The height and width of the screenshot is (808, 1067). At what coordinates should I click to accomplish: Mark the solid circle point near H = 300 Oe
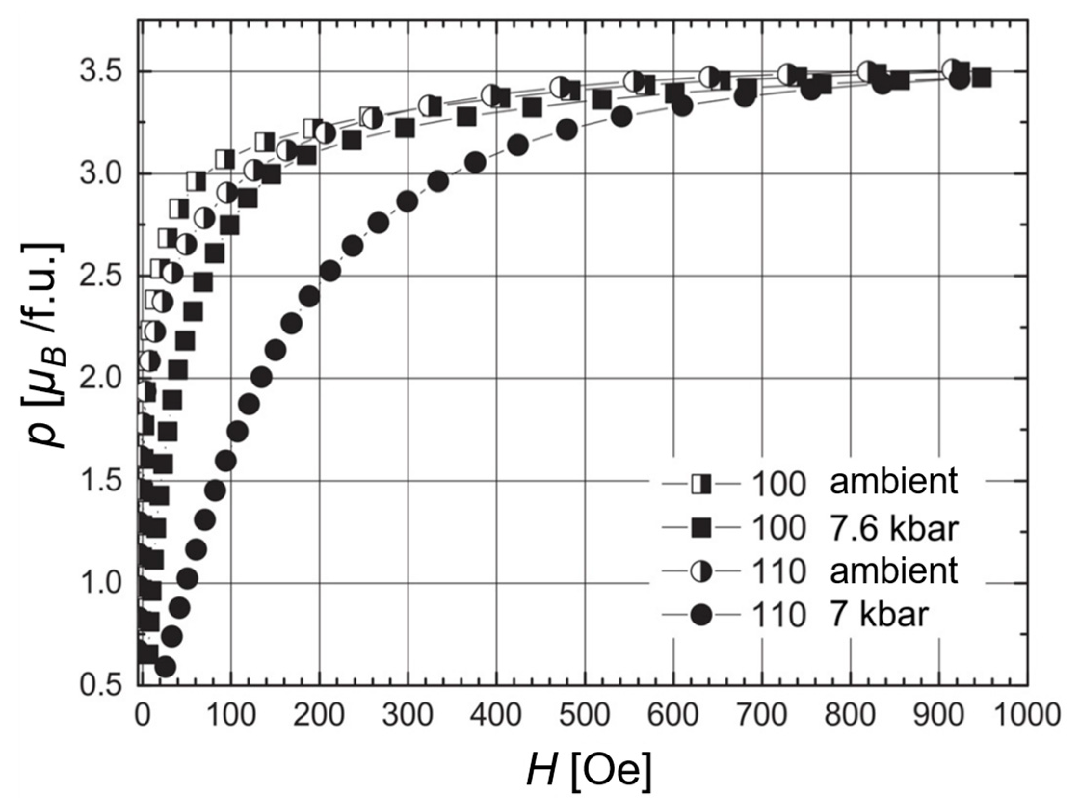[408, 201]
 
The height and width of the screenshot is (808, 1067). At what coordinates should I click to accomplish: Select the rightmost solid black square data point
[981, 78]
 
